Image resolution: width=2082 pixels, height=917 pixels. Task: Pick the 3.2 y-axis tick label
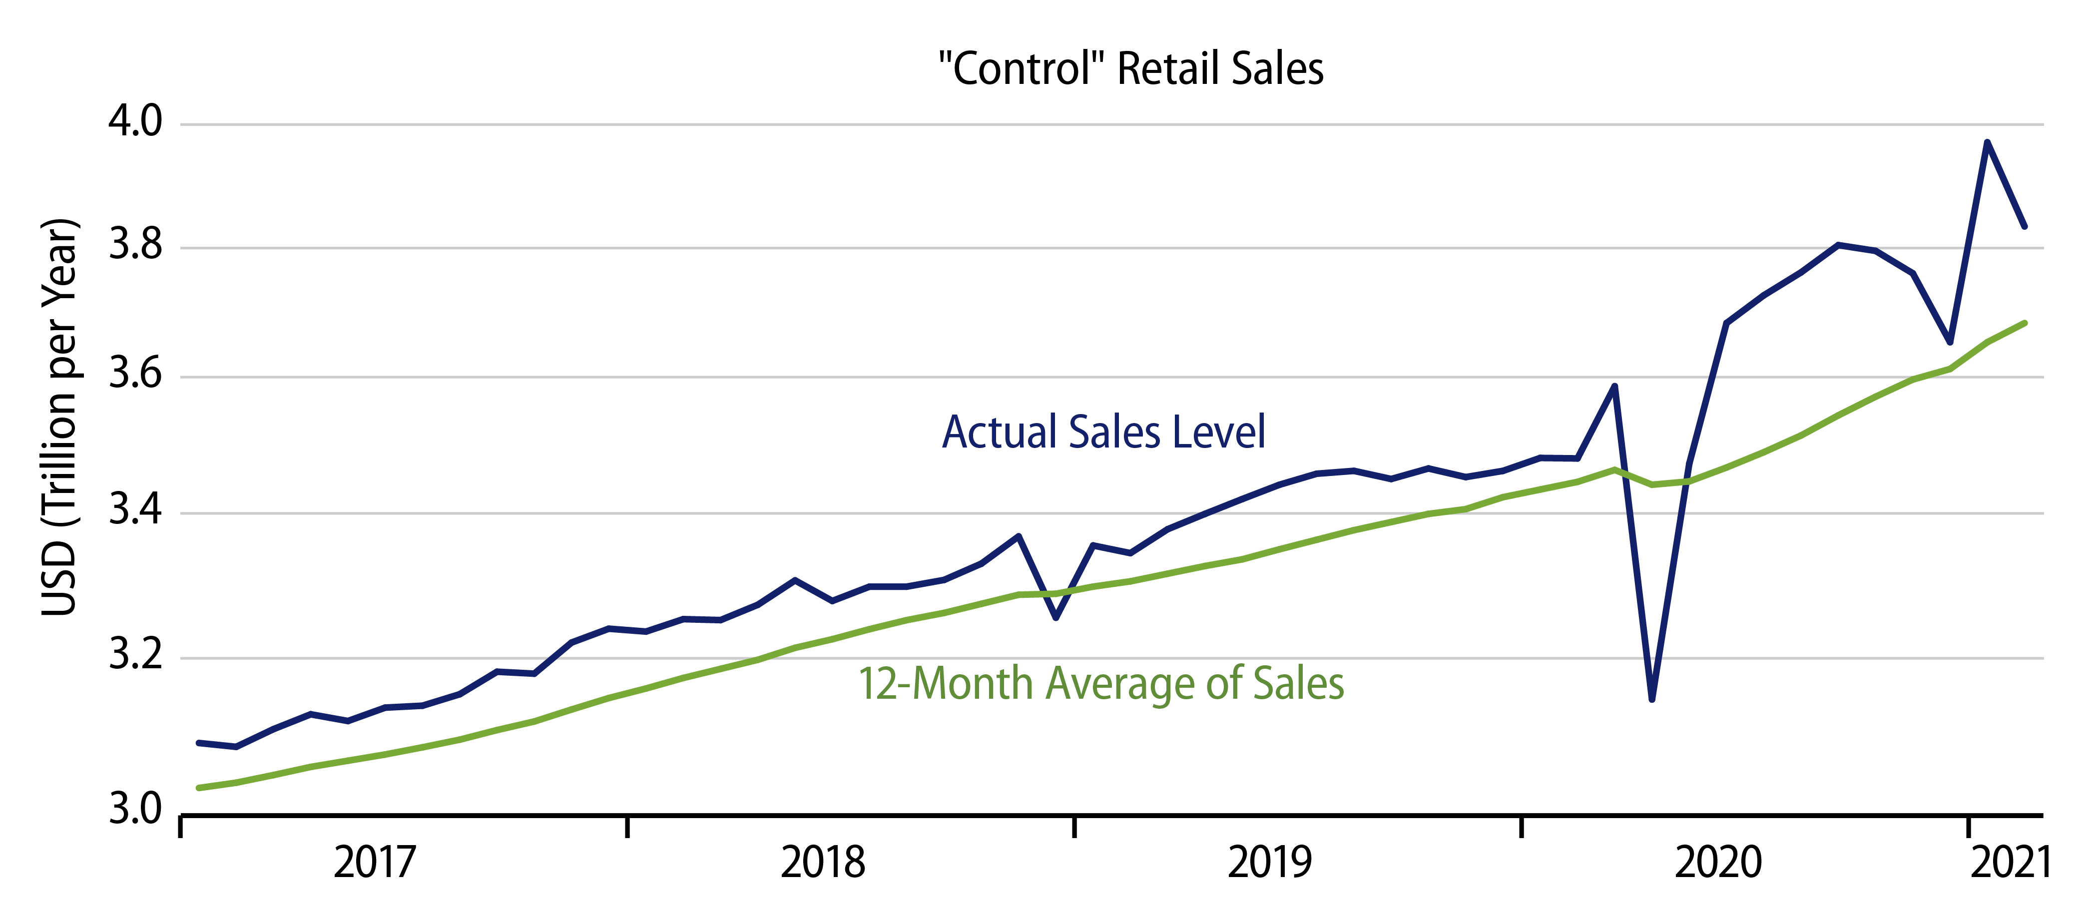point(136,655)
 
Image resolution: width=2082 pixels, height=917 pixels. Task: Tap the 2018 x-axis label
point(822,863)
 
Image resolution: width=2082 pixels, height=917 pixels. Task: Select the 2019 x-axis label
point(1270,863)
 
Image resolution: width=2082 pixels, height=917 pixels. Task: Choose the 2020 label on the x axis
point(1717,863)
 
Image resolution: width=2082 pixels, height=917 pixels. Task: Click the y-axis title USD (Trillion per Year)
point(60,417)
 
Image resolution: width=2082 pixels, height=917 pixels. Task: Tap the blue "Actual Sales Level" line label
point(1103,432)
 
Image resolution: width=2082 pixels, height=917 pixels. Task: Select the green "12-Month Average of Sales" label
point(1101,684)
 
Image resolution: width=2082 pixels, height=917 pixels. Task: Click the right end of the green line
point(2025,323)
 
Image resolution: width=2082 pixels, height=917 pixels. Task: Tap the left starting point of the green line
point(199,788)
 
